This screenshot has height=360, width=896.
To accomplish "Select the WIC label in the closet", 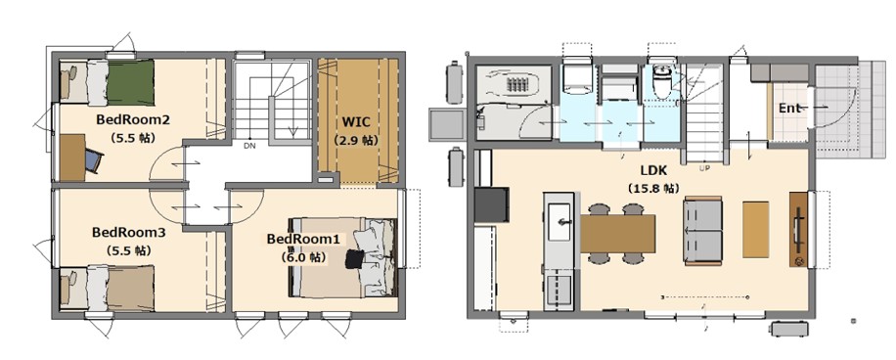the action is [x=356, y=122].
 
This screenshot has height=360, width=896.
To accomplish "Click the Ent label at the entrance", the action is [x=789, y=108].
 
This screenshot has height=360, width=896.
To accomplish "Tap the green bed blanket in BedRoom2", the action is [x=131, y=82].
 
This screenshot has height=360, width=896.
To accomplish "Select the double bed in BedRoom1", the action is [x=342, y=257].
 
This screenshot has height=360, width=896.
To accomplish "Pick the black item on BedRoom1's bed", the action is [x=354, y=259].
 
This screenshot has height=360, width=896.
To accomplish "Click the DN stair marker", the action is [x=249, y=146].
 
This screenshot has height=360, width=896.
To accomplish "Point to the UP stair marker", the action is [x=704, y=168].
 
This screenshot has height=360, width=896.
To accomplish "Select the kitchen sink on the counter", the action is [x=560, y=222].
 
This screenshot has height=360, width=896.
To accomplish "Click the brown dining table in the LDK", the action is [x=617, y=233].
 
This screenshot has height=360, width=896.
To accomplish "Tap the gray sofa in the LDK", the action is [x=703, y=232].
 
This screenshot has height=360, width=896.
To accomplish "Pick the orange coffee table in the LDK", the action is [x=756, y=229].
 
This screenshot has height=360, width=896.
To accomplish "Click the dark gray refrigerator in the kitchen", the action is [x=492, y=204].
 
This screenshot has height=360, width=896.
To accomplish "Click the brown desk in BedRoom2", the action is [x=73, y=157].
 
